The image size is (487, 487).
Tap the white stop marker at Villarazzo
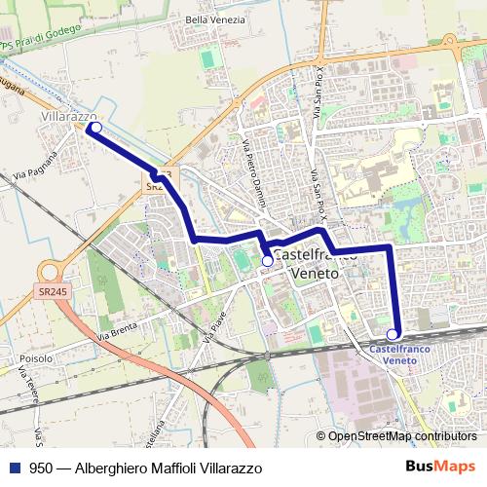pos(95,127)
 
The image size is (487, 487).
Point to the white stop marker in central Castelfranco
pos(268,261)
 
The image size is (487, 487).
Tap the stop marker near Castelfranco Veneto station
pos(393,333)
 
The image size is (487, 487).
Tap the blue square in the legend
pos(15,468)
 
